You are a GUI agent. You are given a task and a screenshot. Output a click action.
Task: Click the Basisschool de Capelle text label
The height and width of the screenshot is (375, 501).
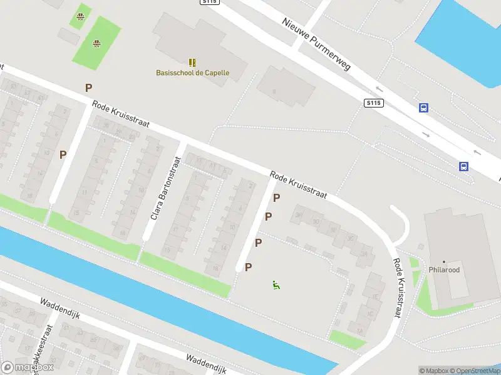click(x=192, y=72)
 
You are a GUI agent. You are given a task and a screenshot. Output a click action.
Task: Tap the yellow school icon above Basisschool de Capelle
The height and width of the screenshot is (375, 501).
click(x=192, y=62)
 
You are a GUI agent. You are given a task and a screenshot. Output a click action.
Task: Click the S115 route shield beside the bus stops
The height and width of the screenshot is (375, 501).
click(x=374, y=102)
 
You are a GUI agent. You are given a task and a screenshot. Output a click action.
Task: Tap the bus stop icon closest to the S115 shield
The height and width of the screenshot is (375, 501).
click(x=424, y=107)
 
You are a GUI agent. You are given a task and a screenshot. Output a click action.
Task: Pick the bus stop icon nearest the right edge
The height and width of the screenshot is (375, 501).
click(x=464, y=166)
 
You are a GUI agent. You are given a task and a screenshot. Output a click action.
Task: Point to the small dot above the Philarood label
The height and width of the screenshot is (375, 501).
click(x=444, y=262)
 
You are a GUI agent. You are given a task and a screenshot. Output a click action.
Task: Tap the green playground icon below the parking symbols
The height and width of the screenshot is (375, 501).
click(x=276, y=285)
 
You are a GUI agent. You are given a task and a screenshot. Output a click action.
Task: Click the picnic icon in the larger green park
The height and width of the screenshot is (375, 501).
click(x=96, y=43)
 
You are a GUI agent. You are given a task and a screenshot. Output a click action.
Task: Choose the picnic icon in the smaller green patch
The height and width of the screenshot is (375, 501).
click(x=80, y=16)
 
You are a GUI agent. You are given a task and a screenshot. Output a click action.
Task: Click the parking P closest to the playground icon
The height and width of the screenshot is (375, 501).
click(x=249, y=267)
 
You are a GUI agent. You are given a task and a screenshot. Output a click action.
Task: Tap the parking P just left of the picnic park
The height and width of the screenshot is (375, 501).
click(x=89, y=88)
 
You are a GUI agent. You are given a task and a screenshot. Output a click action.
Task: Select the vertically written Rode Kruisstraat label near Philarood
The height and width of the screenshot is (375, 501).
click(x=397, y=289)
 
